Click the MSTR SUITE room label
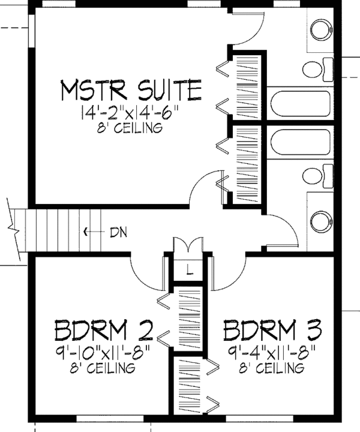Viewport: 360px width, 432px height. click(x=131, y=90)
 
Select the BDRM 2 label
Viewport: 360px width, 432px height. click(x=104, y=330)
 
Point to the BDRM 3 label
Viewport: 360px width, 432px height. click(x=272, y=330)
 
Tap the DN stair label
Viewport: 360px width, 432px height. click(x=118, y=232)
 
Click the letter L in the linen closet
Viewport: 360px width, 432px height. click(x=189, y=269)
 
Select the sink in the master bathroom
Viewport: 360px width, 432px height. click(x=322, y=30)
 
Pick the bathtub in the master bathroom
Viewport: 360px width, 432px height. click(x=300, y=103)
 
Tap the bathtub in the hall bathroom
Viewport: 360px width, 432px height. click(x=300, y=142)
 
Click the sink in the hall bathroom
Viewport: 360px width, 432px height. click(x=322, y=222)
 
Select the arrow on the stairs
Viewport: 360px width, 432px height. click(x=94, y=232)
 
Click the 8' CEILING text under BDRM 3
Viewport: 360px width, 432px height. click(x=271, y=368)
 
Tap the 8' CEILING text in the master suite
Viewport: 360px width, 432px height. click(x=130, y=128)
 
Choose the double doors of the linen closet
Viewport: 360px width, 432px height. click(x=188, y=244)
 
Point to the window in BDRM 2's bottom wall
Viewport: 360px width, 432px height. click(x=110, y=419)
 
